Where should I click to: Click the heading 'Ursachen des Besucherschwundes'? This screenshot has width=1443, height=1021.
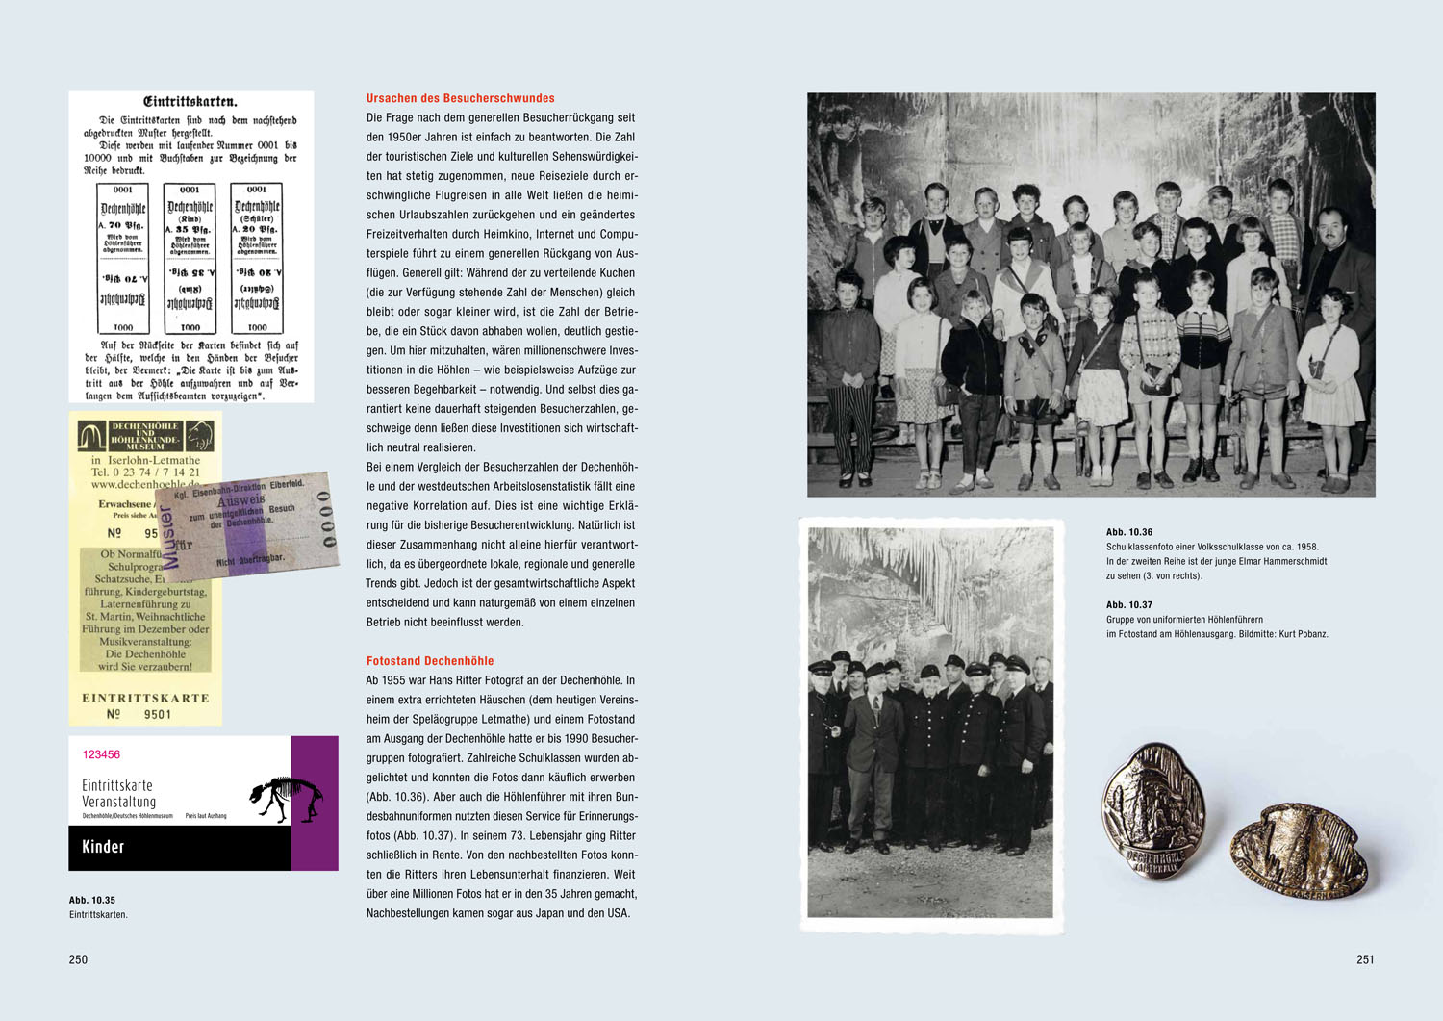(460, 98)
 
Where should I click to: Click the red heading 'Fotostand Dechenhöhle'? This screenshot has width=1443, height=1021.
(429, 661)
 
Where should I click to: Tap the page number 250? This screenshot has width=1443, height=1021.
(78, 959)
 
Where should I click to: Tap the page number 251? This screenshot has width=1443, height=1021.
(1365, 959)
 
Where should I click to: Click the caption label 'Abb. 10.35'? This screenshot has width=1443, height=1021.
(92, 901)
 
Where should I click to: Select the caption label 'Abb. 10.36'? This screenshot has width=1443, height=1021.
(1128, 532)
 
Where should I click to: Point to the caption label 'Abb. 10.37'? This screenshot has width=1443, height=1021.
(1128, 605)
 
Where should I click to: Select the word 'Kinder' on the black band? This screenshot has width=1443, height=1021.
(103, 847)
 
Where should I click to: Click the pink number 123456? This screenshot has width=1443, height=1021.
(101, 754)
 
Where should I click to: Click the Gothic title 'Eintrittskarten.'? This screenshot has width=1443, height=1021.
(190, 102)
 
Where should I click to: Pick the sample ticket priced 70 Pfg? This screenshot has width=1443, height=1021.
(123, 258)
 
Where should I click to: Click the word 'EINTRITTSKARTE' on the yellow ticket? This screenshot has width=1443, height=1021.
(145, 698)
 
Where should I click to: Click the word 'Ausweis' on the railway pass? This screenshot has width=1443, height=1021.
(240, 501)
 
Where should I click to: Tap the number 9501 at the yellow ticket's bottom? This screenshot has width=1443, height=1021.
(158, 714)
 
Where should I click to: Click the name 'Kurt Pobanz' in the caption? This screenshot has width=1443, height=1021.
(1303, 634)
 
